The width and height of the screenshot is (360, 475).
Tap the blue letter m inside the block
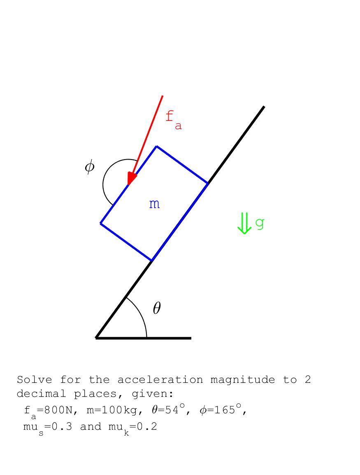click(154, 204)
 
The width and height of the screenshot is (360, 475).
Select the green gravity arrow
click(244, 223)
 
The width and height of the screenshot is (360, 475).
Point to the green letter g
click(260, 223)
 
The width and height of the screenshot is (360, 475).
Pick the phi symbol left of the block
click(89, 167)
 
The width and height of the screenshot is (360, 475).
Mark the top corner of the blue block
click(157, 146)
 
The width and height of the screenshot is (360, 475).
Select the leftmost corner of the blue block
click(101, 223)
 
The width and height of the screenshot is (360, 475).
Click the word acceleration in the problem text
click(160, 380)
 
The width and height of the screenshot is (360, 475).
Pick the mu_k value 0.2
click(146, 427)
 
